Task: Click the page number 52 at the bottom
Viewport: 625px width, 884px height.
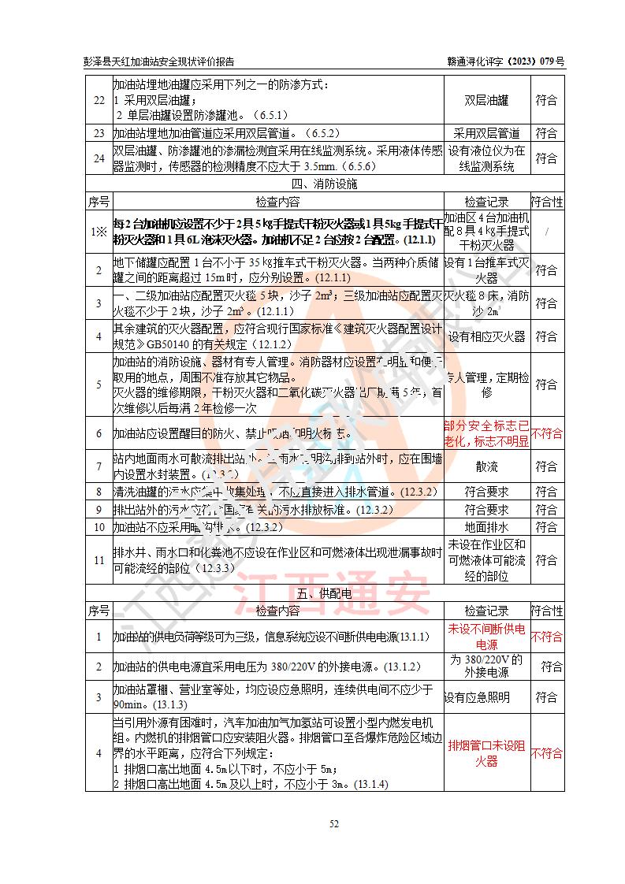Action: (x=334, y=824)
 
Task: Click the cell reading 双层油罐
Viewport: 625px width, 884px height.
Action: (x=486, y=100)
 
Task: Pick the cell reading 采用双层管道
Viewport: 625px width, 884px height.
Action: (x=486, y=133)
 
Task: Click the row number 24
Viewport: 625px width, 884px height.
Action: (x=99, y=158)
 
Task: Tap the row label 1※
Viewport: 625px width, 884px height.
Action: (x=99, y=232)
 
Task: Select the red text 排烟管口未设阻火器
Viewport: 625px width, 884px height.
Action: (x=486, y=753)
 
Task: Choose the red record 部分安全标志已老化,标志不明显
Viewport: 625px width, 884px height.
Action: (x=486, y=433)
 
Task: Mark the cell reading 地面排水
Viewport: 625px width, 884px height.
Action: (x=486, y=526)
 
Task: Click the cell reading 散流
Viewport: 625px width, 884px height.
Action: (x=486, y=466)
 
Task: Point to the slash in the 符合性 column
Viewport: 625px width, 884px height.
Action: (x=546, y=232)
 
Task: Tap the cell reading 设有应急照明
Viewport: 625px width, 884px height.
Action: (x=477, y=697)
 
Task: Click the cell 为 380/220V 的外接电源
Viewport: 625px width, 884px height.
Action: (x=486, y=666)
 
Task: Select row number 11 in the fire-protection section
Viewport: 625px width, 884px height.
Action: (x=99, y=560)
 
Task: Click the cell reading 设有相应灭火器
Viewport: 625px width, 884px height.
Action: (x=486, y=336)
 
